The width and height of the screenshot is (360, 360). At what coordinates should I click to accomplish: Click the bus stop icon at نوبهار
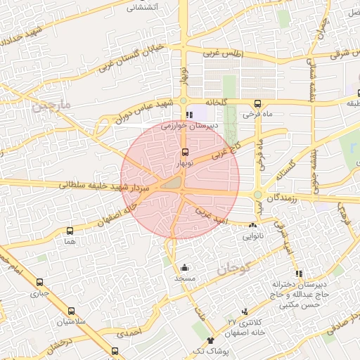pos(185,152)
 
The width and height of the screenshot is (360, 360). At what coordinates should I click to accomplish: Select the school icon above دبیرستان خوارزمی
pos(188,115)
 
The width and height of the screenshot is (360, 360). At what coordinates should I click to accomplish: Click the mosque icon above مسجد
pos(185,267)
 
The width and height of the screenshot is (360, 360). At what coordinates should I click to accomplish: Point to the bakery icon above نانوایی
pos(252,225)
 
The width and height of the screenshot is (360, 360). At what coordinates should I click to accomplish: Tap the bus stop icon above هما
pos(69,230)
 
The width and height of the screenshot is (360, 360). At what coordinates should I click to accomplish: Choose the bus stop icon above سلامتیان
pos(71,311)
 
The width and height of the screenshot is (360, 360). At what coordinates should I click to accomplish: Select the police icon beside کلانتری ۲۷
pos(245,311)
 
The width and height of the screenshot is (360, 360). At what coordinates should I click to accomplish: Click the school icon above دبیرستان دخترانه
pos(299,274)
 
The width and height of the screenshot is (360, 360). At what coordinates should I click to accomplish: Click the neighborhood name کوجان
pos(233,267)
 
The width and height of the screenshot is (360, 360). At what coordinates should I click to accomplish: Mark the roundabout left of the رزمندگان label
pos(258,195)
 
